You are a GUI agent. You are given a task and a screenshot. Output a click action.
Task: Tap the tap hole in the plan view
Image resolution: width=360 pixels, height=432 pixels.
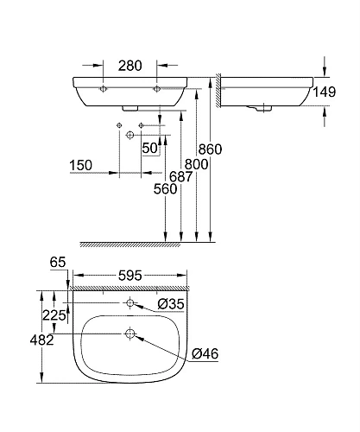[x=129, y=303]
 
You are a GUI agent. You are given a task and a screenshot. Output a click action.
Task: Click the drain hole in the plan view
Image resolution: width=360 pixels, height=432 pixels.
[x=129, y=334]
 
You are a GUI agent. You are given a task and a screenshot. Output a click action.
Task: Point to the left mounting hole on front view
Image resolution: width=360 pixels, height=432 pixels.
[x=103, y=89]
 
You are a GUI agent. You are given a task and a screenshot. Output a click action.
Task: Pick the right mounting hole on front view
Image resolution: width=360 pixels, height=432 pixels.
[x=157, y=89]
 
